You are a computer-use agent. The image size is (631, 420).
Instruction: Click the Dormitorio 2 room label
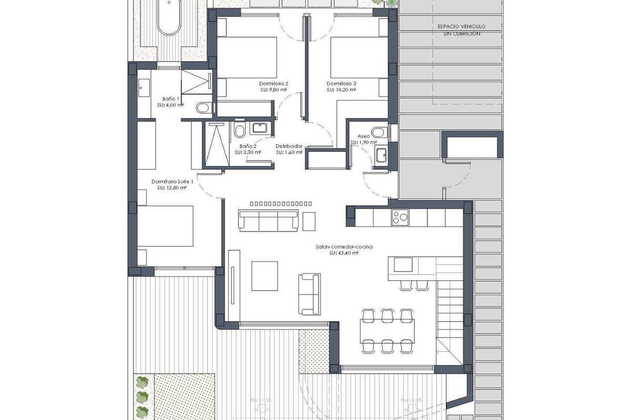[273, 83]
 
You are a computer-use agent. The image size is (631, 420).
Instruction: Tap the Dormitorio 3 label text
[341, 83]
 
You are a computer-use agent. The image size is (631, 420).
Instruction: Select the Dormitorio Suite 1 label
[172, 182]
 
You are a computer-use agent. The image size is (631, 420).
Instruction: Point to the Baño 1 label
[171, 99]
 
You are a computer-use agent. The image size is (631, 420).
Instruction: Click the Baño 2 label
[248, 146]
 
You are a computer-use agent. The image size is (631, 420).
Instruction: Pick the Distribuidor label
[289, 146]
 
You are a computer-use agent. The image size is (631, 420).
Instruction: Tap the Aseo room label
[364, 136]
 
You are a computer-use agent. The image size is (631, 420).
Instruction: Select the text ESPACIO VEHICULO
[462, 26]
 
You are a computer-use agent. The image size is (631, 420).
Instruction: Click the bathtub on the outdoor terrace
[169, 18]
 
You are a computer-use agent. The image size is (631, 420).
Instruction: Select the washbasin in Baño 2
[259, 128]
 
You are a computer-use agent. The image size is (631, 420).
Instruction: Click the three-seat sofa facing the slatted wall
[268, 220]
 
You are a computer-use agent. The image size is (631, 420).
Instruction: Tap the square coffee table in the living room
[268, 276]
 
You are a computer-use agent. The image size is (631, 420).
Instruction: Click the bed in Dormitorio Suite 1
[166, 226]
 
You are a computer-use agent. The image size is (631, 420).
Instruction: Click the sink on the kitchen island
[403, 264]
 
